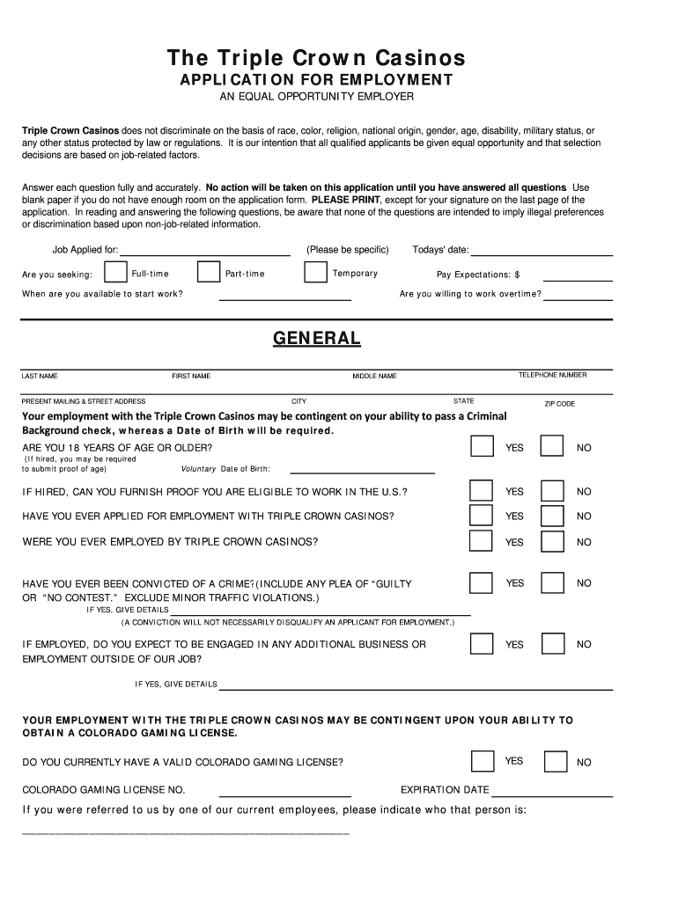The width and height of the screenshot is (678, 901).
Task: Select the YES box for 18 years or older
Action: point(482,446)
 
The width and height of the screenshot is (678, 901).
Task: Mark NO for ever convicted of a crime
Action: point(552,582)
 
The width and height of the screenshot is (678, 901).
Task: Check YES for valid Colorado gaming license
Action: point(482,761)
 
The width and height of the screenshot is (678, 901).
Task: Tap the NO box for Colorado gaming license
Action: point(555,761)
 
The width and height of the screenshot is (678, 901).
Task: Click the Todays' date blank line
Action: point(543,253)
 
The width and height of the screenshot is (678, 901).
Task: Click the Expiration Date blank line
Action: point(552,795)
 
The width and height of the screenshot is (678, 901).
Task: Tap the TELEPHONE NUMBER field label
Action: point(552,375)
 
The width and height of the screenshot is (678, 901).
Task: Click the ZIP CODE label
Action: point(559,404)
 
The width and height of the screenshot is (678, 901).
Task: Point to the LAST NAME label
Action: point(40,376)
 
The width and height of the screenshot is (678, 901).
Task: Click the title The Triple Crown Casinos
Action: point(316,58)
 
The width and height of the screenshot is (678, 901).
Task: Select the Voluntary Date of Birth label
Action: point(225,469)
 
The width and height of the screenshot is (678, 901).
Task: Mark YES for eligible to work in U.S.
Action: point(482,490)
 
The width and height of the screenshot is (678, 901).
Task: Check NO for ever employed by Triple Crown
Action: point(552,541)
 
